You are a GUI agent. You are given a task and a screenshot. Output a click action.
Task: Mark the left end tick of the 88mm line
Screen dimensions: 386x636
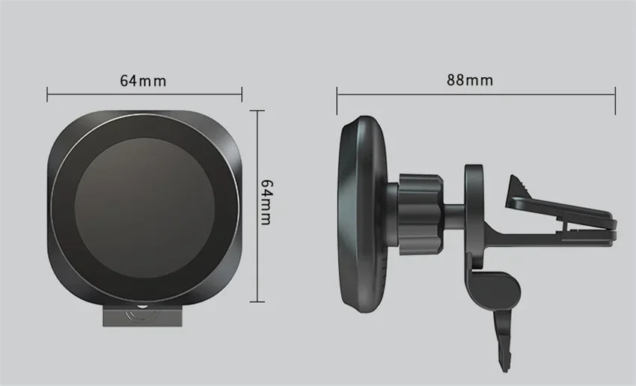pos(337,100)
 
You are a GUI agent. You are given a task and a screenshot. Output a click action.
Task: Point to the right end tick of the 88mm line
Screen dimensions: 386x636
pos(615,100)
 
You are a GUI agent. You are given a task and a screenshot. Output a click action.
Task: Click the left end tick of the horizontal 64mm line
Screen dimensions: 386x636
pos(47,94)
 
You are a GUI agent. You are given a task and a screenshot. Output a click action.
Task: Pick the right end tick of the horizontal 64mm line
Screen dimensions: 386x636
pos(242,94)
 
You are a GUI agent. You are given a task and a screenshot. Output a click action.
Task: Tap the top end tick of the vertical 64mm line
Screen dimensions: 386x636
pos(257,111)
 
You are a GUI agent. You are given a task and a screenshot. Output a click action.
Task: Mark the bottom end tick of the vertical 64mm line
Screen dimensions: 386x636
pos(257,301)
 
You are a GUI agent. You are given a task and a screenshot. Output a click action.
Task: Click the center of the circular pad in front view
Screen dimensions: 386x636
pos(144,207)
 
